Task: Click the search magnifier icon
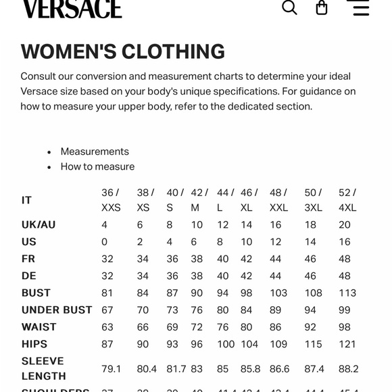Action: tap(289, 7)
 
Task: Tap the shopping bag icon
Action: tap(322, 7)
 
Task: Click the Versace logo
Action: tap(72, 8)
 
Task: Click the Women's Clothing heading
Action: tap(123, 51)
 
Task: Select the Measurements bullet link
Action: tap(95, 151)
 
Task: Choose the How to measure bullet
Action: tap(97, 166)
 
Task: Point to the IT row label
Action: tap(27, 200)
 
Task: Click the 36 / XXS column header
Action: tap(111, 200)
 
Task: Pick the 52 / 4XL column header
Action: tap(347, 200)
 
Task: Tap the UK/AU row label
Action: tap(39, 225)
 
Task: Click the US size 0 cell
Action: tap(105, 242)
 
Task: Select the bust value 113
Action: tap(347, 293)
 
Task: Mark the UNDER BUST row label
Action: tap(57, 310)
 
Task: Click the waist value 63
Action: tap(107, 326)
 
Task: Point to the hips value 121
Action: tap(347, 344)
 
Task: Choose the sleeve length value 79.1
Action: tap(112, 369)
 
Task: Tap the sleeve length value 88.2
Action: tap(349, 369)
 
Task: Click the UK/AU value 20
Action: tap(345, 225)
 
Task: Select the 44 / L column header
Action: tap(226, 200)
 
